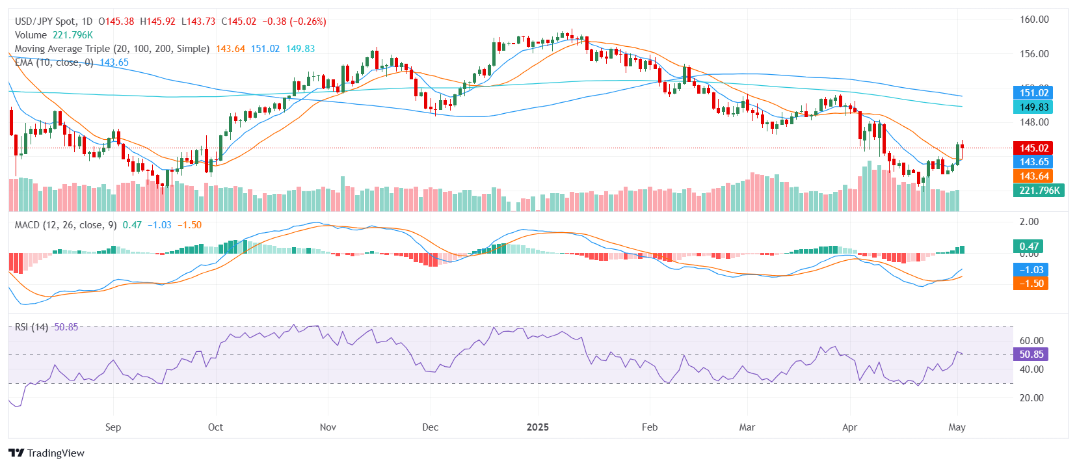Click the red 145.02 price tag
[1033, 148]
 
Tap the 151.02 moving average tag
[1033, 93]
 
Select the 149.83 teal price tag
[1033, 107]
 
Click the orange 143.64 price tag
[1033, 176]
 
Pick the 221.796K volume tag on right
[1039, 191]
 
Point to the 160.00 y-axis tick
[1033, 20]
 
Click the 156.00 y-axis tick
[1033, 54]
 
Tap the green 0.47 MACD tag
[1028, 247]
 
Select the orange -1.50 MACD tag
[1031, 284]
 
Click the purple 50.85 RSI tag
[1031, 354]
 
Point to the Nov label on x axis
[328, 427]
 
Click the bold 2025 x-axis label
[537, 427]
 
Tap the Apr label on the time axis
[849, 427]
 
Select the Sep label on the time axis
[113, 427]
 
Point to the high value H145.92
[157, 21]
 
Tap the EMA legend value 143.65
[114, 62]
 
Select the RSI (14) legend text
[31, 327]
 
